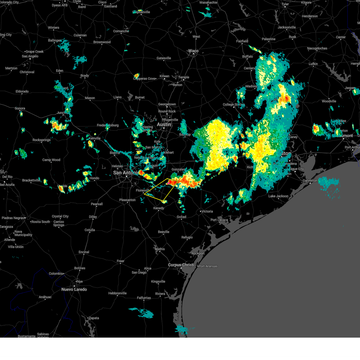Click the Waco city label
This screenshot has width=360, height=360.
point(193,51)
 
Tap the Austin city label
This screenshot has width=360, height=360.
point(164,124)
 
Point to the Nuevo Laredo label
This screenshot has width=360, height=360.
point(74,289)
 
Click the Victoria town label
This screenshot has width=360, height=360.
point(207,211)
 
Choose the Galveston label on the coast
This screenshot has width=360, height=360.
point(310,181)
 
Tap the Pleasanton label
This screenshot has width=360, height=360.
point(127,200)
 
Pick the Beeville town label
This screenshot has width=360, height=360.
point(163,232)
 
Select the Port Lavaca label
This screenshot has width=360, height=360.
point(219,220)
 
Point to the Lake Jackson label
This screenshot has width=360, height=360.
point(278,196)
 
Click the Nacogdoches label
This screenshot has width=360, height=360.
point(317,48)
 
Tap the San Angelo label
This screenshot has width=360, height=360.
point(30,56)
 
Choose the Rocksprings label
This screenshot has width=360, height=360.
point(41,140)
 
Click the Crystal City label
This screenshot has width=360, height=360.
point(60,216)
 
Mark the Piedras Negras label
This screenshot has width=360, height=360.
point(13,218)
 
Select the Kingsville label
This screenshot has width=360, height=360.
point(158,281)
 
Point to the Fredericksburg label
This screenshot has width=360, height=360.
point(108,125)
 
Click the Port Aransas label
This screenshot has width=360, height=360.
point(208,266)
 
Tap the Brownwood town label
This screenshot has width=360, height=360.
point(102,42)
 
